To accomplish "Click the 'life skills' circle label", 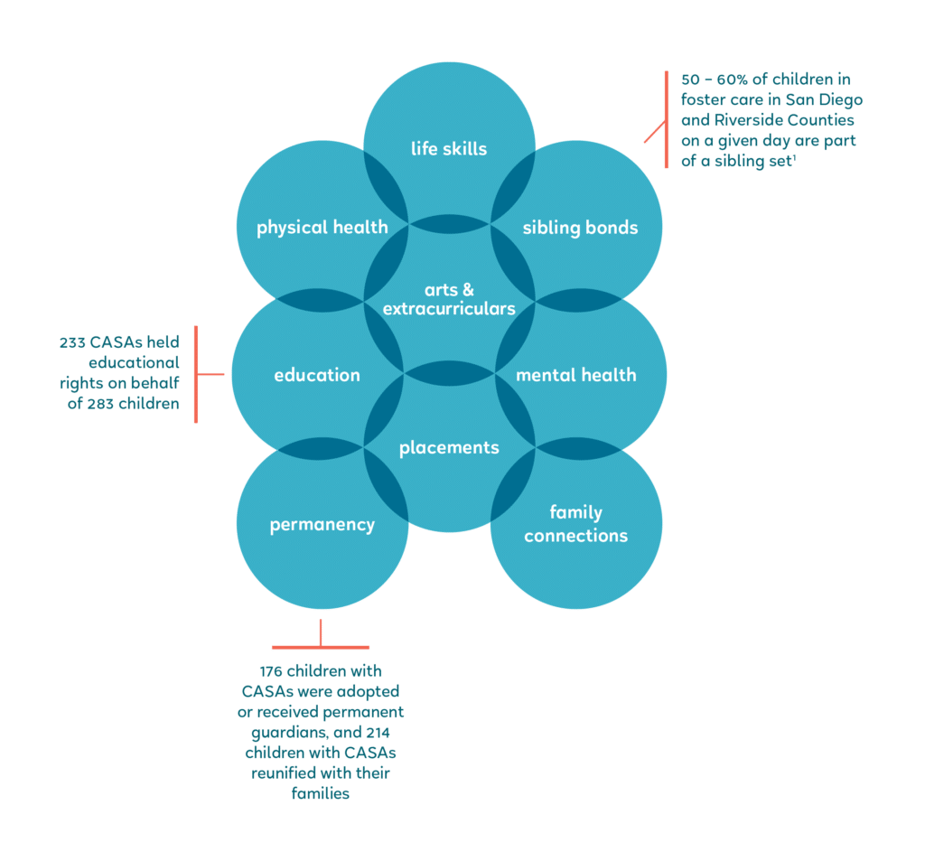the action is [x=449, y=149].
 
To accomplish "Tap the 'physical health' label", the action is [x=322, y=228].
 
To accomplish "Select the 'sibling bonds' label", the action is [x=580, y=228].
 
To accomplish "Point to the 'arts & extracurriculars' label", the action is [x=449, y=299].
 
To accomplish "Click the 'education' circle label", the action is [x=317, y=375].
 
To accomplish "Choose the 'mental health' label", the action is [x=575, y=375].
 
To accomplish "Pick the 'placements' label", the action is [x=449, y=448].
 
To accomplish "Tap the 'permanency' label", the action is [x=322, y=525].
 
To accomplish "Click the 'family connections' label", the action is [x=575, y=524].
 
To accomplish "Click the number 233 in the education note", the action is [x=72, y=342].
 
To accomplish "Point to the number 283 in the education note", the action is [x=100, y=404].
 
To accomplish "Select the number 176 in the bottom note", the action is [x=271, y=671].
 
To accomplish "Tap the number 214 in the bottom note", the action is [x=378, y=733].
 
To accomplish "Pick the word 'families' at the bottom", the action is [x=321, y=794].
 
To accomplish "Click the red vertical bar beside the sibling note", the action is [x=667, y=120].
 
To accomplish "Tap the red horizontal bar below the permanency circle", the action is [x=321, y=648].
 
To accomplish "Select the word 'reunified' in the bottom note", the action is [x=282, y=773].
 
